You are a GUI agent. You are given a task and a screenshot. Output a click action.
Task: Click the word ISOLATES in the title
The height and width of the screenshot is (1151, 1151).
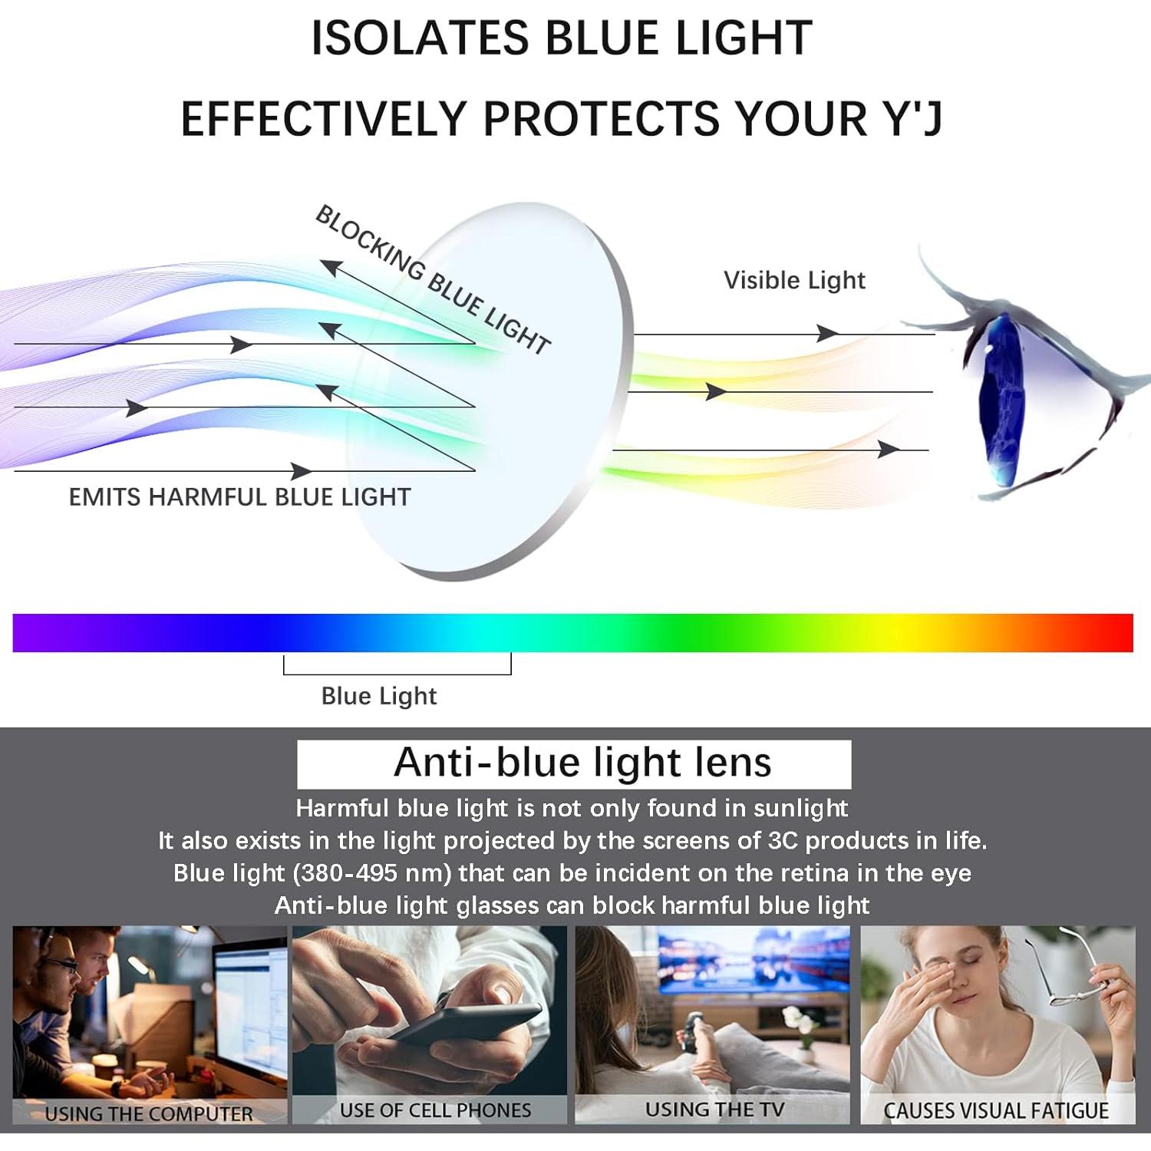[x=420, y=38]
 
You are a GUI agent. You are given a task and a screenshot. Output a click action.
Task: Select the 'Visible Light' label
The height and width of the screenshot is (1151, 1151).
[x=794, y=281]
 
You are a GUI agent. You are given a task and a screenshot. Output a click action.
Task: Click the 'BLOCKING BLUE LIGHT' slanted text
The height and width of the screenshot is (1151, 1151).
[x=433, y=280]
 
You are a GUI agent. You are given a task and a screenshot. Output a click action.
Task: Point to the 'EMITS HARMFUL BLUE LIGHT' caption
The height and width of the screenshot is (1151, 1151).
[x=239, y=497]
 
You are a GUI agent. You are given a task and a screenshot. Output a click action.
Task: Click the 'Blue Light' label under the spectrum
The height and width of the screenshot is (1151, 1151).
[x=379, y=696]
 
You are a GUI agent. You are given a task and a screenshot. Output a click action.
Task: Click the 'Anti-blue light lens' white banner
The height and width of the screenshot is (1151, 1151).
[x=574, y=763]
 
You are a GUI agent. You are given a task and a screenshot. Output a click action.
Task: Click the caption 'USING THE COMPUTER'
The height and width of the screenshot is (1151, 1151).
[x=149, y=1113]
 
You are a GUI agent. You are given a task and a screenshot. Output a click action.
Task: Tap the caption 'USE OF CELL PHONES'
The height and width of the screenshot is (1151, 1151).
[x=435, y=1110]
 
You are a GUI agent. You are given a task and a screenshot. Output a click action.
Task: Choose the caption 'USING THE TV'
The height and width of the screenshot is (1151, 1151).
[x=714, y=1110]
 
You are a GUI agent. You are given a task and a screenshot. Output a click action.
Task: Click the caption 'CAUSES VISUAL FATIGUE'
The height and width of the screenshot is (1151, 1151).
[x=996, y=1110]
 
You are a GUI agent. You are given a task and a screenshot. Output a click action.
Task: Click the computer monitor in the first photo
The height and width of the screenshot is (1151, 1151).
[x=249, y=1005]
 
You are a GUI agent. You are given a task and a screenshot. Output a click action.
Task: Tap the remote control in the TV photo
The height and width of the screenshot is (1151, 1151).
[x=691, y=1032]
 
